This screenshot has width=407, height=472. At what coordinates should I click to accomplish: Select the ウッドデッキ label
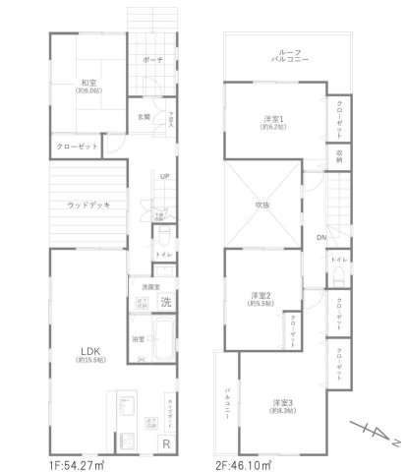coord(88,205)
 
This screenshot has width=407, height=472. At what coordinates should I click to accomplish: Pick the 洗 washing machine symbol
coord(166,300)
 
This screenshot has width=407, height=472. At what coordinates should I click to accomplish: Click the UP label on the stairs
coord(165,177)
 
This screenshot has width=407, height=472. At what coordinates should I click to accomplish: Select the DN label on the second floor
coord(320,238)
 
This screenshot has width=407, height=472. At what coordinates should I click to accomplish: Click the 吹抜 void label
coord(262,205)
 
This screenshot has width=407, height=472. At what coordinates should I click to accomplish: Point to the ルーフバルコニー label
coord(272,57)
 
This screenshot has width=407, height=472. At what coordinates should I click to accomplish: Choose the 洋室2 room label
coord(260,296)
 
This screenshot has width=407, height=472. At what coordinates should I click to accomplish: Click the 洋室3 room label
coord(282,403)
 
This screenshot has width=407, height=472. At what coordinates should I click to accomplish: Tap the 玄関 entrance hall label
coord(144,117)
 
